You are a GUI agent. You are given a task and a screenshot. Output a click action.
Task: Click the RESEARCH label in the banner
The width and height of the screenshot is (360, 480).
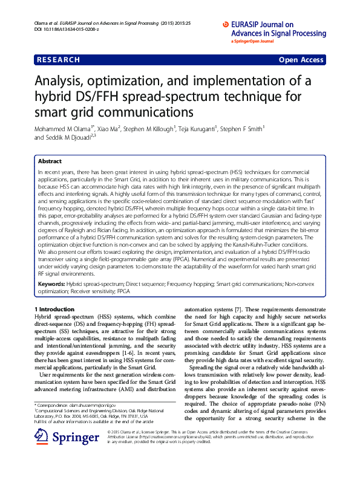coord(58,60)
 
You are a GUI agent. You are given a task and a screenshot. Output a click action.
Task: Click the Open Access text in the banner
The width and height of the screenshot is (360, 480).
coord(302,60)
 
